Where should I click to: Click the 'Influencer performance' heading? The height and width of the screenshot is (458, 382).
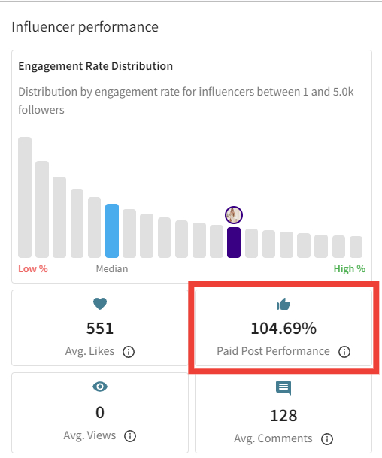pos(85,27)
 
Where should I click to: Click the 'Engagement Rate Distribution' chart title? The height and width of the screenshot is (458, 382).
pos(95,66)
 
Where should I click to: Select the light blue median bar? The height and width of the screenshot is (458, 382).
pos(112,231)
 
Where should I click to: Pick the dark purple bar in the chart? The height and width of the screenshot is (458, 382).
pos(234,242)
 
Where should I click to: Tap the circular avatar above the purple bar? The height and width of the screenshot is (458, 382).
pos(234,215)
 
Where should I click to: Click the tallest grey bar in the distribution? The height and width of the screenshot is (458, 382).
pos(25,197)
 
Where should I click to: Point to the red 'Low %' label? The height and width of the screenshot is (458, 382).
pos(32,268)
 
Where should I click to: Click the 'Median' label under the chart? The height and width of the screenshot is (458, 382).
pos(112,268)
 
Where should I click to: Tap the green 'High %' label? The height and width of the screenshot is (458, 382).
pos(350,268)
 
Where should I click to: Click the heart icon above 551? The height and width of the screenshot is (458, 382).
pos(100,304)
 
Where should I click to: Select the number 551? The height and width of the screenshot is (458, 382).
pos(100,328)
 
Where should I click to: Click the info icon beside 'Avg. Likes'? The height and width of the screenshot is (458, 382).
pos(129,352)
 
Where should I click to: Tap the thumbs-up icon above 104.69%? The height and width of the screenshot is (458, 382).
pos(283,304)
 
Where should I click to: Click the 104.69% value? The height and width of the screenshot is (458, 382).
pos(283,328)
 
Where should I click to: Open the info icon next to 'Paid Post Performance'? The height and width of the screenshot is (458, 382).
pos(344,352)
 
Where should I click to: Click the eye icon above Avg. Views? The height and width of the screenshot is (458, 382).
pos(100,387)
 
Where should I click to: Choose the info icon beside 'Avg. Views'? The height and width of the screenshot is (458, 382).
pos(130,435)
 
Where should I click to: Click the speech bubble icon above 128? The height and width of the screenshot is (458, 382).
pos(283,388)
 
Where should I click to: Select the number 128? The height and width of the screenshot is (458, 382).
pos(283,414)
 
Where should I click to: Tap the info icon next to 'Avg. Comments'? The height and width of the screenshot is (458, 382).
pos(327,438)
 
